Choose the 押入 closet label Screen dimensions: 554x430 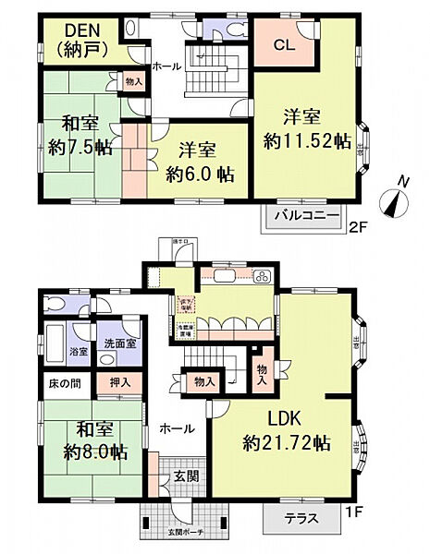(x=120, y=380)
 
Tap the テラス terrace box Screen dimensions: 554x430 (x=300, y=518)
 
